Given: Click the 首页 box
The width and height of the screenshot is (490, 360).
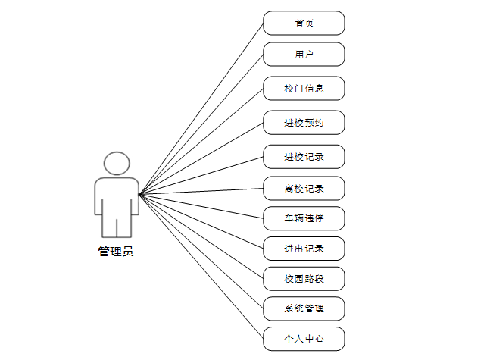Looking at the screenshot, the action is point(304,23).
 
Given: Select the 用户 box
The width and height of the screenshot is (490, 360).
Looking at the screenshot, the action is point(304,54).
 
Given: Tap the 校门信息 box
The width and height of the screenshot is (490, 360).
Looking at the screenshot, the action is point(304,88).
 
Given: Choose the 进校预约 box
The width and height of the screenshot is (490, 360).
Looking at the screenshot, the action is point(304,122).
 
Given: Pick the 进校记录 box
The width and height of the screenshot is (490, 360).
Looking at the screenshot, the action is point(304,156).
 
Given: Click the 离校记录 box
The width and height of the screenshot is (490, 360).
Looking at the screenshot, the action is point(304,187).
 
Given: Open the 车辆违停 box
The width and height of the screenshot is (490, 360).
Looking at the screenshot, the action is point(304,218).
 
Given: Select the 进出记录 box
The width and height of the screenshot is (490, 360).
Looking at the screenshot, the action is point(304,248).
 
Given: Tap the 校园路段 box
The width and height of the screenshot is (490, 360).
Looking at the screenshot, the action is point(304,278).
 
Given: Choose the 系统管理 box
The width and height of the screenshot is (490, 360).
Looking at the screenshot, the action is point(304,308).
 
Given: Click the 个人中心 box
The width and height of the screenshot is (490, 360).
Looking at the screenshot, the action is point(304,338).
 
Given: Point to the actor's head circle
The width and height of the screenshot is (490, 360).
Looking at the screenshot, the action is point(117,164).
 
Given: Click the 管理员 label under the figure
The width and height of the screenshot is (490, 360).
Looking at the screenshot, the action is point(116,252).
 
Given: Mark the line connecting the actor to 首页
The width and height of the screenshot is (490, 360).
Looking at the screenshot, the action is point(201,108).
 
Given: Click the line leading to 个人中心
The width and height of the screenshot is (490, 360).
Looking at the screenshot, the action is point(201,266).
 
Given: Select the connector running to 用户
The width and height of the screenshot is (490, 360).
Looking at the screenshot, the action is point(201,124).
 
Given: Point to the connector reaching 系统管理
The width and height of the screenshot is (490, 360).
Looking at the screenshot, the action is point(201,251).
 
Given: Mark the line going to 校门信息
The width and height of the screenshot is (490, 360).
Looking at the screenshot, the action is point(201,140).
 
